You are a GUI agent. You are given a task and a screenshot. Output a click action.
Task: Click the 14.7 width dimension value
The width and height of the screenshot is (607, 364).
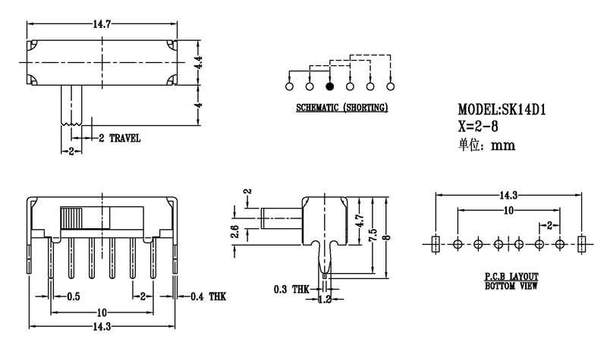[x=102, y=25]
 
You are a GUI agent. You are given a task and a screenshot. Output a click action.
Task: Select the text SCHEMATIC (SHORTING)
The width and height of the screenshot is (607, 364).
[x=341, y=108]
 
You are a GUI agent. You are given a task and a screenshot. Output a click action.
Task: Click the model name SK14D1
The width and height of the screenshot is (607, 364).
[x=524, y=111]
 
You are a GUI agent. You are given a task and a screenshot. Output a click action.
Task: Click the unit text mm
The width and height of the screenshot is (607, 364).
[x=503, y=146]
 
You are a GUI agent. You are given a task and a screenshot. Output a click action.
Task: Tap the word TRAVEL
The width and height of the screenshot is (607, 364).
[x=124, y=139]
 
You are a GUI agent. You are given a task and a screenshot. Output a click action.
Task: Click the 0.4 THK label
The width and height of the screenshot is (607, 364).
[x=207, y=297]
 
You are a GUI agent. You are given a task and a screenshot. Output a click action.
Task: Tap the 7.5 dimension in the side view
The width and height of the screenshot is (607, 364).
[x=373, y=236]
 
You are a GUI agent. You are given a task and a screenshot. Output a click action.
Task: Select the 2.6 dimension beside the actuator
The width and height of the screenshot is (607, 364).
[x=235, y=232]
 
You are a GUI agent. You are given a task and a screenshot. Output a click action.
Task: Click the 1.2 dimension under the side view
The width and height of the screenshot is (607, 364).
[x=326, y=300]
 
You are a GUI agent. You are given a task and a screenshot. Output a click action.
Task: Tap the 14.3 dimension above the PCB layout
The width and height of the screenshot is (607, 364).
[x=508, y=195]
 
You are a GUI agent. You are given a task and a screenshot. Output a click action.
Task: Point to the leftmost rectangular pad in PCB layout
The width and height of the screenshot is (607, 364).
[x=435, y=243]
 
